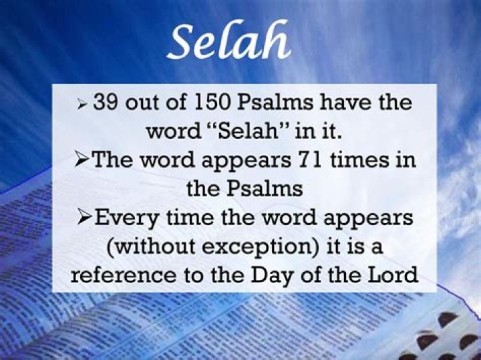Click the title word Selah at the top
point(229,41)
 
